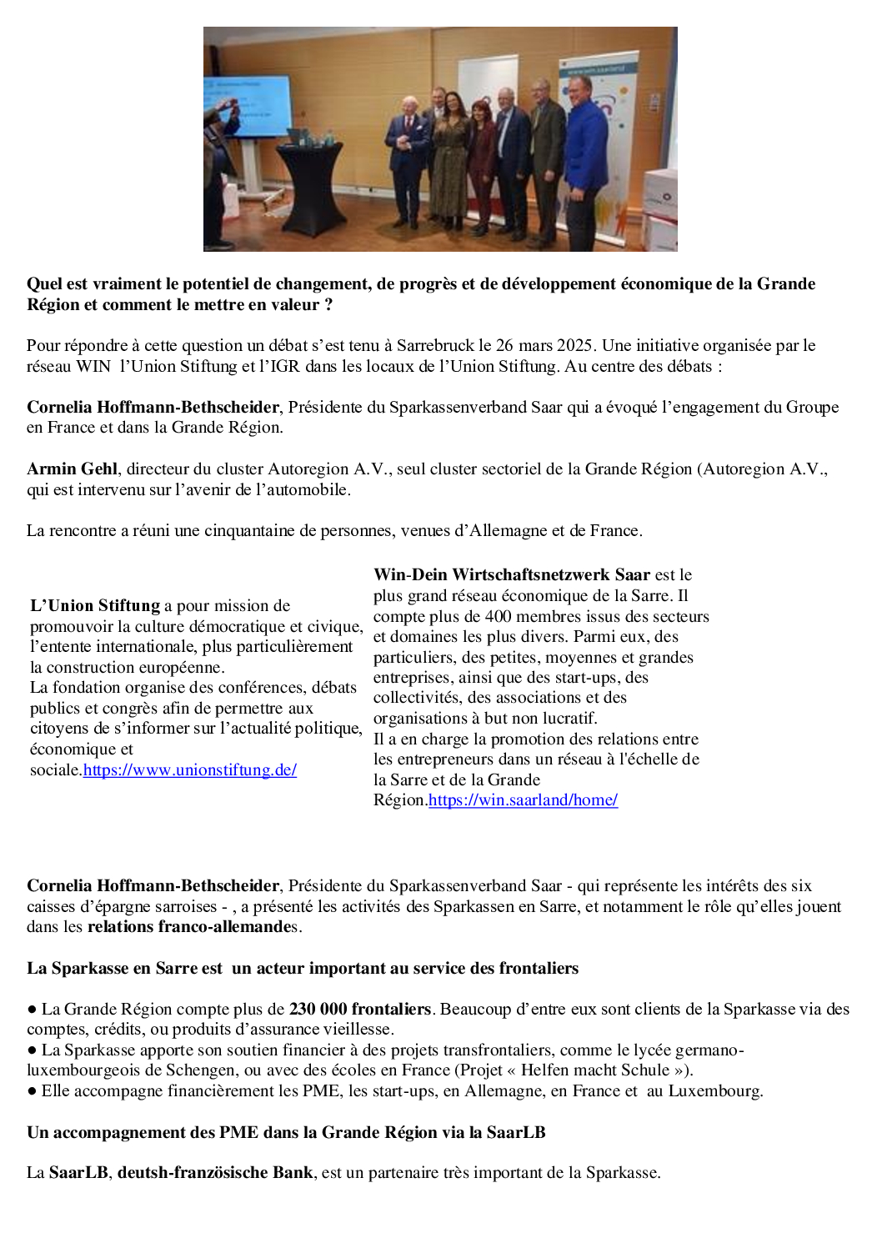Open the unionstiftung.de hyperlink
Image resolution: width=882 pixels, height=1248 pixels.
(x=190, y=769)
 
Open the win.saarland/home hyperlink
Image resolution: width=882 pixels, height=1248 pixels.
(x=523, y=799)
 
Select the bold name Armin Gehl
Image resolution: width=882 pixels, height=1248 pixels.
(x=72, y=469)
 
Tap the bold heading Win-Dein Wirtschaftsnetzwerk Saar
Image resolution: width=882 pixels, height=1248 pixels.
(x=511, y=574)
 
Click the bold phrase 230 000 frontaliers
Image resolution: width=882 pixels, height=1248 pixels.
(x=359, y=1009)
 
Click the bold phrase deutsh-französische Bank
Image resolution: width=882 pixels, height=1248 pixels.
(x=215, y=1172)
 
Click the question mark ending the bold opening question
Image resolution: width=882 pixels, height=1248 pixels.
(x=328, y=304)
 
